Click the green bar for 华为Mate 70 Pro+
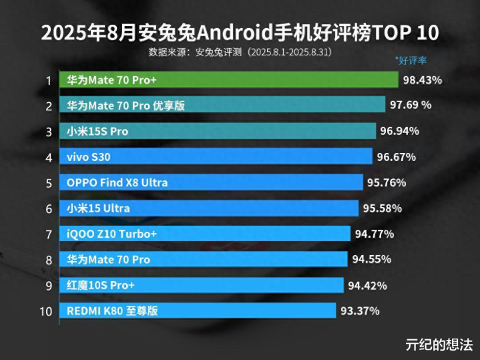click(x=229, y=80)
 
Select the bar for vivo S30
click(x=216, y=156)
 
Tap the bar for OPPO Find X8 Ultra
click(x=211, y=182)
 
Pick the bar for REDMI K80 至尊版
click(x=198, y=311)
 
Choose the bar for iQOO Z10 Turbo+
click(x=205, y=234)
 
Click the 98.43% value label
click(x=423, y=80)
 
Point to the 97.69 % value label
click(x=411, y=105)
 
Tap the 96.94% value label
click(x=399, y=131)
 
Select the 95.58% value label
click(x=383, y=208)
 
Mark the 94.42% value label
click(x=367, y=286)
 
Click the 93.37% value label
click(x=360, y=311)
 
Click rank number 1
click(x=48, y=81)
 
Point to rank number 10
click(x=46, y=312)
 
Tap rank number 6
click(x=49, y=209)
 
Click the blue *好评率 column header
click(x=411, y=60)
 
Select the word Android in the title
click(x=234, y=33)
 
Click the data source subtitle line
click(x=240, y=52)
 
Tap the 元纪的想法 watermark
click(x=439, y=345)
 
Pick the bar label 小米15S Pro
click(x=97, y=132)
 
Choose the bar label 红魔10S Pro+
click(x=100, y=286)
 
